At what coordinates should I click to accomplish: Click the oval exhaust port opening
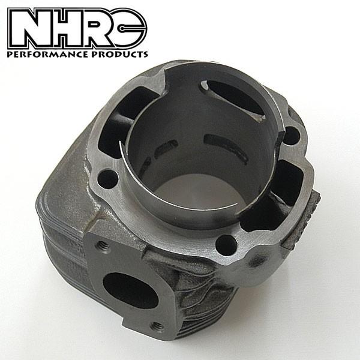pos(130,287)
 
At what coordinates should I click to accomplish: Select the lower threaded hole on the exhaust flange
pos(157,325)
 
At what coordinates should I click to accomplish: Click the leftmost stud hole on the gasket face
pos(107,178)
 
